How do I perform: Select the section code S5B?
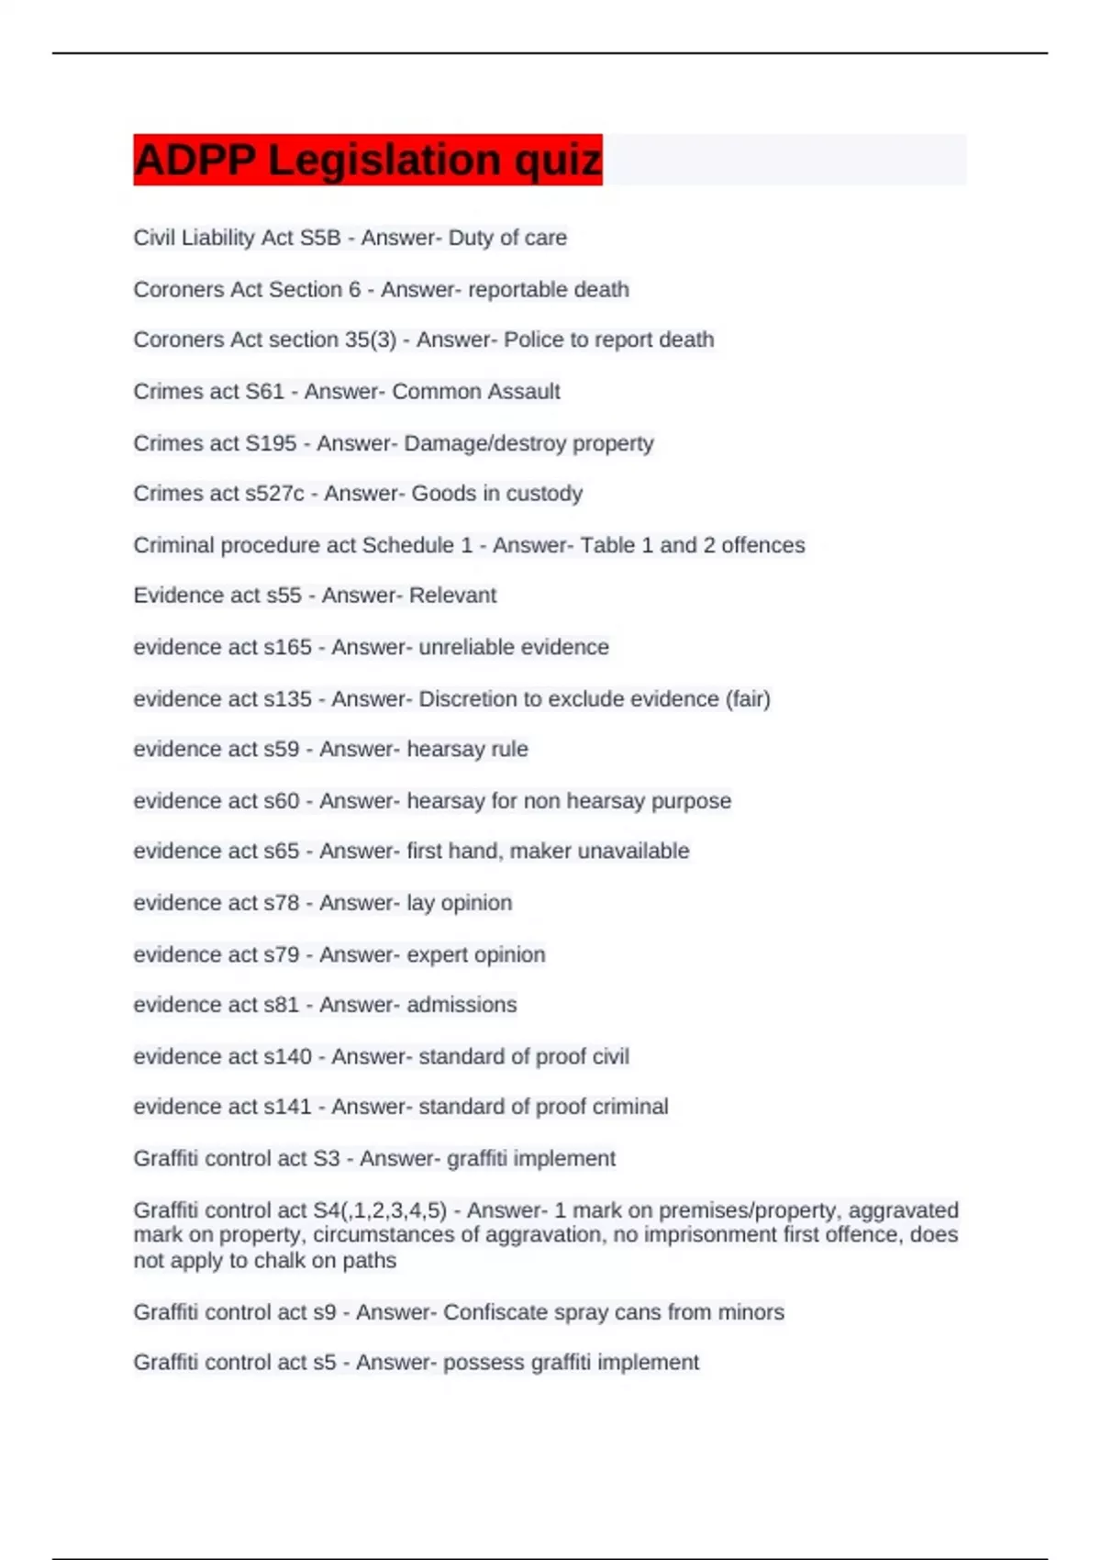tap(319, 238)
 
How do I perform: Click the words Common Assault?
tap(475, 392)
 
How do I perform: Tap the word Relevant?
tap(452, 596)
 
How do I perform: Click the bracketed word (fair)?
tap(748, 699)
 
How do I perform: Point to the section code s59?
tap(281, 750)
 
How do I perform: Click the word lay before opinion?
tap(420, 903)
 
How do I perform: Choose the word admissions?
tap(462, 1005)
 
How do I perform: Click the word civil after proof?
tap(610, 1057)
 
